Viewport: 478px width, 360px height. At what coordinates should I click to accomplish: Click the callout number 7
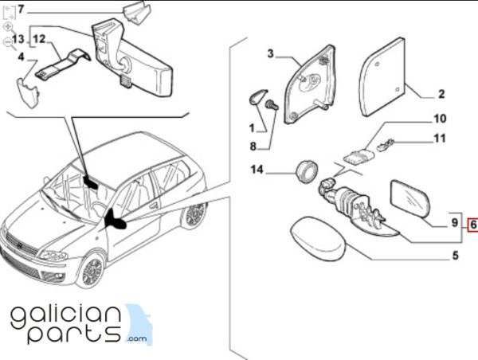21,10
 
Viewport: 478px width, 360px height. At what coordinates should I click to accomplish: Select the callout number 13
18,39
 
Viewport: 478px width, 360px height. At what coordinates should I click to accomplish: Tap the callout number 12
39,39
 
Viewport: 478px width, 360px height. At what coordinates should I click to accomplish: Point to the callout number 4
21,57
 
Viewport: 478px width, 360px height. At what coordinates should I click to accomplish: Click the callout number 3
270,53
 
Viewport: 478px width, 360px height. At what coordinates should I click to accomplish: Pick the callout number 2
441,93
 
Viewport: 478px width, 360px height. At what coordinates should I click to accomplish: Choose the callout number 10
440,119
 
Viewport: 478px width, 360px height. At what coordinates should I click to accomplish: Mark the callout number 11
440,139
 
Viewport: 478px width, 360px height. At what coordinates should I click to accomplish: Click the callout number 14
257,169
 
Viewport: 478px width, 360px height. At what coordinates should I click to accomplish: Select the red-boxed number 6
473,225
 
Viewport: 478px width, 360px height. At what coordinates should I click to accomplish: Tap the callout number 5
455,255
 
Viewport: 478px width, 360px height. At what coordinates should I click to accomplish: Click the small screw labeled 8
272,105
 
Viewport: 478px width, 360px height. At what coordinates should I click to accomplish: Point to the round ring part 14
307,171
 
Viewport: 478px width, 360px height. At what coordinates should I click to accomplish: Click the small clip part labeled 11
386,144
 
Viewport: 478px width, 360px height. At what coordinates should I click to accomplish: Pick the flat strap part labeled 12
63,65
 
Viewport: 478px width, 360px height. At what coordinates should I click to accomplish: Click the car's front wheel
92,271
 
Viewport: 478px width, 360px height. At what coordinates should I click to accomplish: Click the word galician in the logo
65,318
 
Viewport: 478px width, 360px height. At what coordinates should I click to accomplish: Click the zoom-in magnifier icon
8,27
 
